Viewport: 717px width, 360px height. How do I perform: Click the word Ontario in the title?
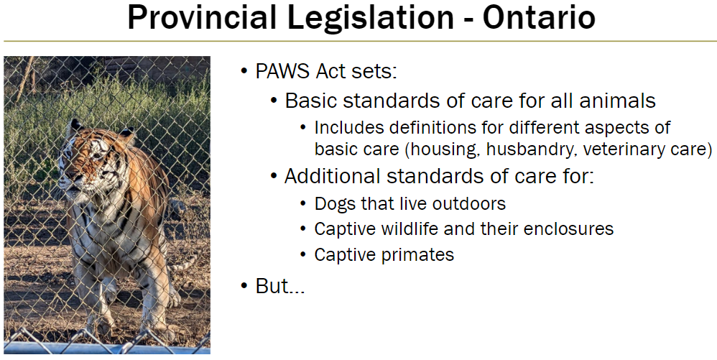pos(539,19)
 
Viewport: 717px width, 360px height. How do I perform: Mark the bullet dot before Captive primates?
pos(304,255)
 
